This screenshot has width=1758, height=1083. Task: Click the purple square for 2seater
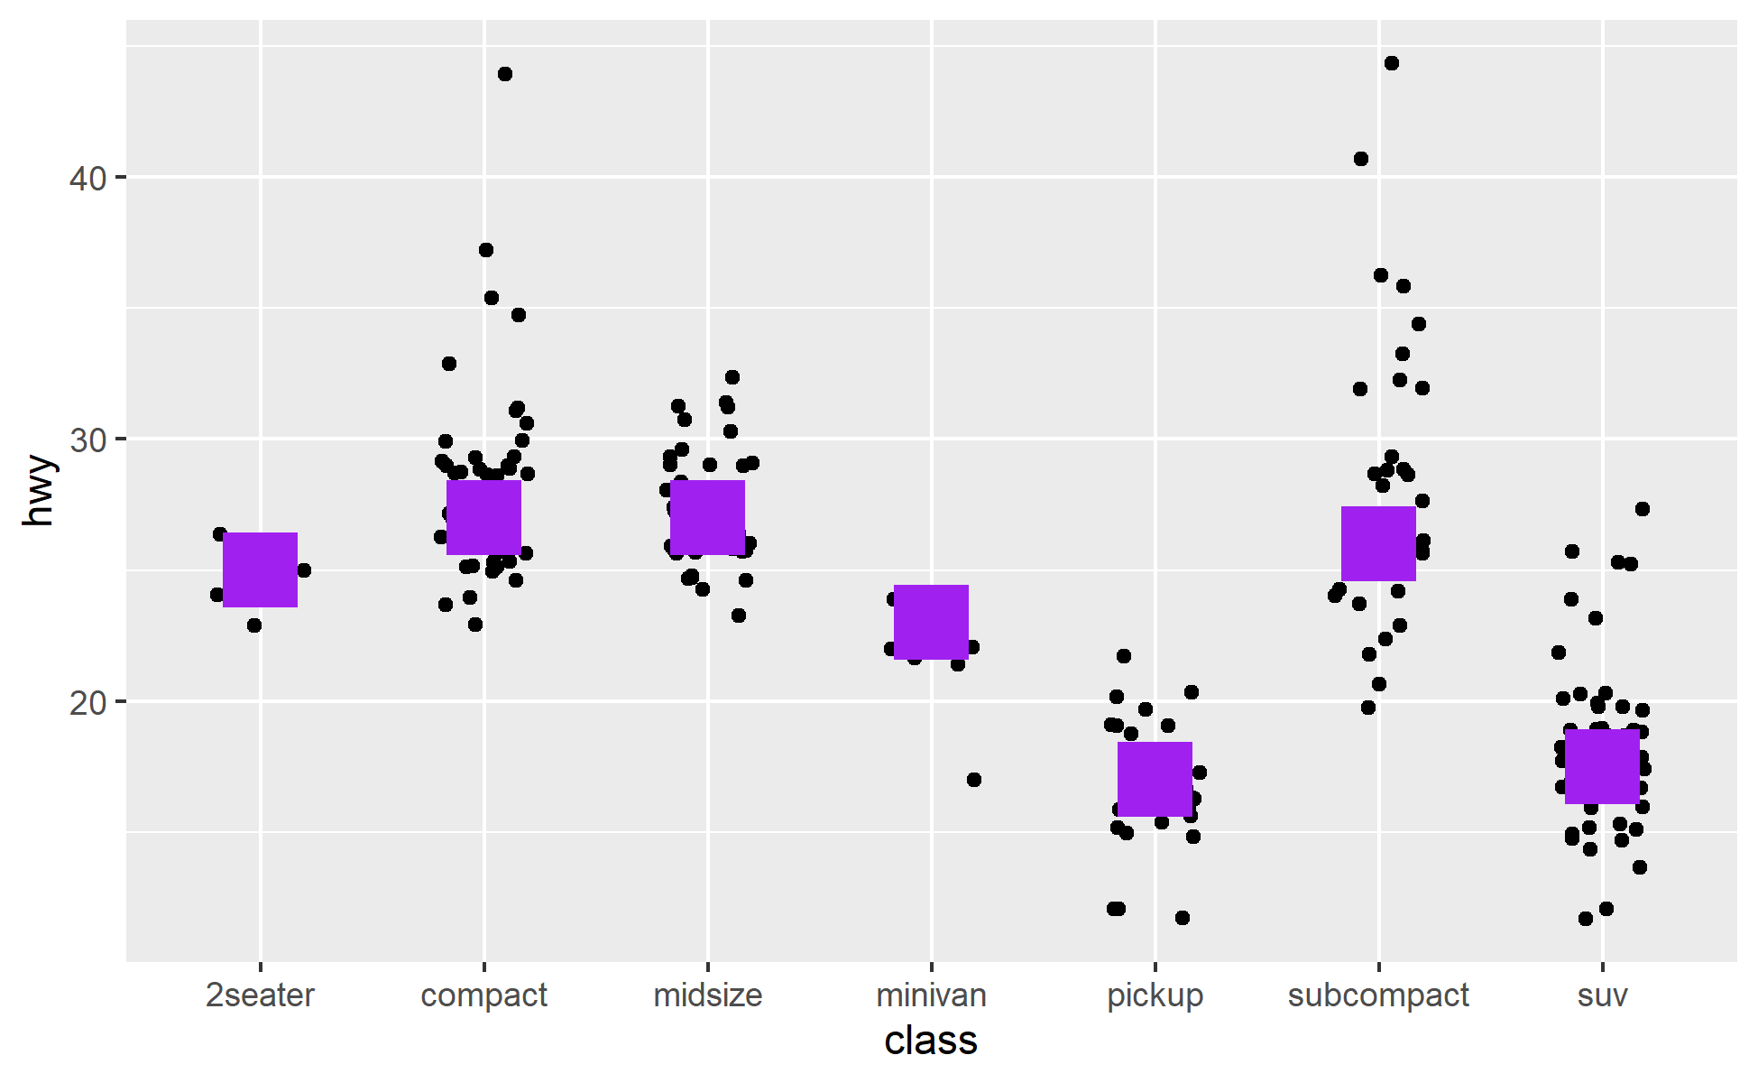point(260,569)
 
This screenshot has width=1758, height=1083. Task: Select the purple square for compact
point(483,517)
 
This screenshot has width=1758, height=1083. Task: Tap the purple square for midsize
point(707,517)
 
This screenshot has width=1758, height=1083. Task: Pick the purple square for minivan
point(931,622)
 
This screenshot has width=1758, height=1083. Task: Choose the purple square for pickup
point(1155,779)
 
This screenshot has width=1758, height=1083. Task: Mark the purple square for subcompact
point(1378,543)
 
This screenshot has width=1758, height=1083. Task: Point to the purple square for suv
point(1602,766)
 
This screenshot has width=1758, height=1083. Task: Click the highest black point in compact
point(505,74)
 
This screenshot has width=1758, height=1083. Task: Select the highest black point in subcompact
point(1392,63)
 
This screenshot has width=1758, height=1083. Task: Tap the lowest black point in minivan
point(974,780)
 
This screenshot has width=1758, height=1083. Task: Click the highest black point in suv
point(1643,509)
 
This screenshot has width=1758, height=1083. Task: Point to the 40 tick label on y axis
point(87,178)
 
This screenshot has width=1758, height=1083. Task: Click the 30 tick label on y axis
point(87,440)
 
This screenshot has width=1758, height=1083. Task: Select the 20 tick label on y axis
point(87,702)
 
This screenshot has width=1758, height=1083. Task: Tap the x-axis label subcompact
point(1378,995)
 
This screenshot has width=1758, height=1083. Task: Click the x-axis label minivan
point(931,995)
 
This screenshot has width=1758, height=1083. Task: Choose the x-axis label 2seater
point(260,995)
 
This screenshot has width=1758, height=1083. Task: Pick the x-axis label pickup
point(1155,995)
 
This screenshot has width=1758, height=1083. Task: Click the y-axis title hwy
point(40,491)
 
